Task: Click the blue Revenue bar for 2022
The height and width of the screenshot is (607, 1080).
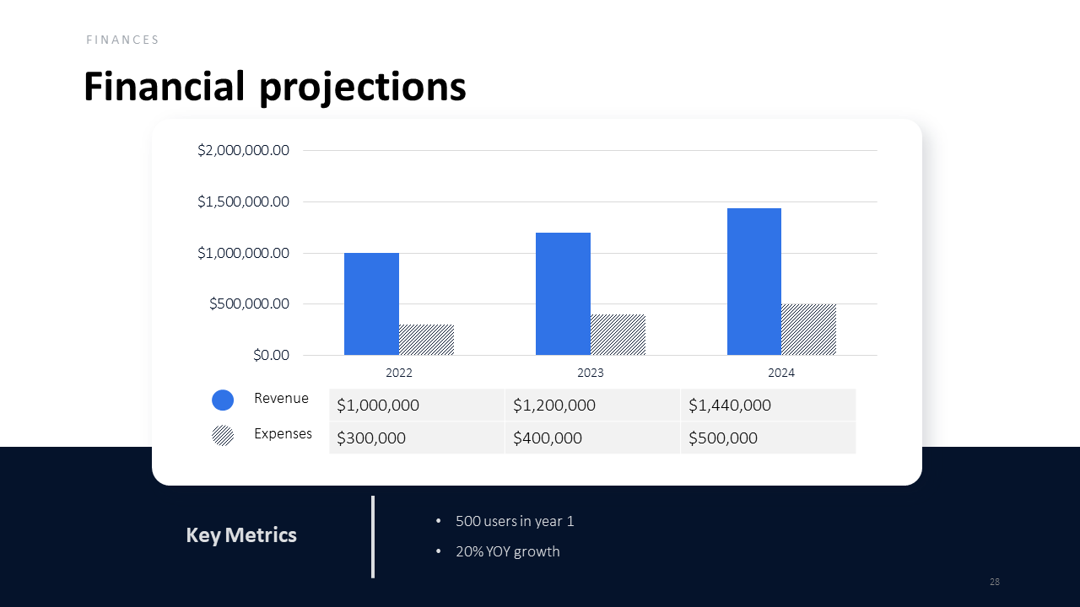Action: coord(371,303)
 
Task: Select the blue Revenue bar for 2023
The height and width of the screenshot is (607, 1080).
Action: coord(563,293)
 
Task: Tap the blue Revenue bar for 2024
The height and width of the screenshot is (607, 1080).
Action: coord(754,282)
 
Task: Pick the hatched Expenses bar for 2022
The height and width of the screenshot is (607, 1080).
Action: coord(426,340)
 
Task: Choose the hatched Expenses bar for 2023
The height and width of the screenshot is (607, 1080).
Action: coord(618,335)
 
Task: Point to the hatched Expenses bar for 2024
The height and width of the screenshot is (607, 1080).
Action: coord(808,330)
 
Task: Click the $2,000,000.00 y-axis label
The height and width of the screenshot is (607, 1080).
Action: coord(244,151)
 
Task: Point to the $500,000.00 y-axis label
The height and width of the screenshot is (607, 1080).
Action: coord(250,303)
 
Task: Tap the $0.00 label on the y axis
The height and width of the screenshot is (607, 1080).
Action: coord(271,355)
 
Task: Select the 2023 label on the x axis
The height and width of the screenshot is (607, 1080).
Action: coord(591,373)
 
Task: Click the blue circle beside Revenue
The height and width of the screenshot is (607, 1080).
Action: coord(223,400)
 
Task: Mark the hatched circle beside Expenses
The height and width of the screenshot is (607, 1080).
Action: coord(223,435)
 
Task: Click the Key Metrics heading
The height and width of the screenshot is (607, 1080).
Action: coord(241,535)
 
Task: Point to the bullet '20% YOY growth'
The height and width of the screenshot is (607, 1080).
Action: coord(507,551)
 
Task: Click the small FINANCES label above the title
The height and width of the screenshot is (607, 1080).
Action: coord(123,40)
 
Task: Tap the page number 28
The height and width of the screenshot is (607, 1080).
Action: coord(995,582)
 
